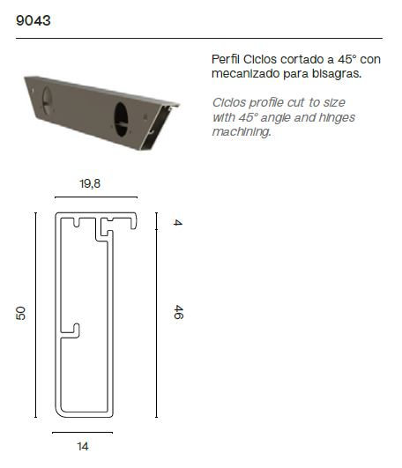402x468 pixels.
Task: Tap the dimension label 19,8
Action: tap(90, 184)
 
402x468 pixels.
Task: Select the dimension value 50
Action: tap(21, 314)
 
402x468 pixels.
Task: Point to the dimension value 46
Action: tap(178, 312)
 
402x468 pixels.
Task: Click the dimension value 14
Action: tap(83, 446)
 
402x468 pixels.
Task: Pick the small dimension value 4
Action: tap(178, 222)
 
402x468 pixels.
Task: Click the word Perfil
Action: tap(226, 58)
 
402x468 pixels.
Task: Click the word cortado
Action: tap(305, 58)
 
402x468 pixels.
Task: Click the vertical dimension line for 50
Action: tap(35, 314)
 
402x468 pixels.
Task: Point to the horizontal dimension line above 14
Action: tap(83, 433)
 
